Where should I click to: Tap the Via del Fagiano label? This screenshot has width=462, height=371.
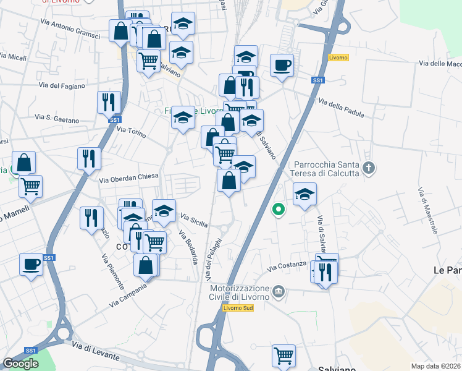click(x=61, y=86)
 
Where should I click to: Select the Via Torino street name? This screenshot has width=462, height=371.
click(x=130, y=131)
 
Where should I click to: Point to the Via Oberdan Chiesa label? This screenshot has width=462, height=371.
click(x=129, y=177)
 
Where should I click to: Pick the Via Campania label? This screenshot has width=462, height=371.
click(x=128, y=296)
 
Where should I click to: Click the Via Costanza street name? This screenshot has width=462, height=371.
click(x=287, y=267)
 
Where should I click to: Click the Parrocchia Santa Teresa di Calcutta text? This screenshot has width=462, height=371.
click(x=327, y=169)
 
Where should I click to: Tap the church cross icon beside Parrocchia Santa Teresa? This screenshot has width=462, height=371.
click(x=369, y=168)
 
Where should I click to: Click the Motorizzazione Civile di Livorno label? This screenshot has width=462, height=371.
click(x=240, y=292)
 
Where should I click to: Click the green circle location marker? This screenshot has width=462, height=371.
click(x=278, y=209)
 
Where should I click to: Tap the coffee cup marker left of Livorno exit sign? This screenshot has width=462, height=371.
click(x=282, y=65)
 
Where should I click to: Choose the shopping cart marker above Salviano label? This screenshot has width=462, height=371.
click(x=283, y=355)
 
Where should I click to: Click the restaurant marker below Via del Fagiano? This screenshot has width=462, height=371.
click(x=109, y=101)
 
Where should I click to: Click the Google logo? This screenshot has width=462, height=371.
click(x=20, y=364)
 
